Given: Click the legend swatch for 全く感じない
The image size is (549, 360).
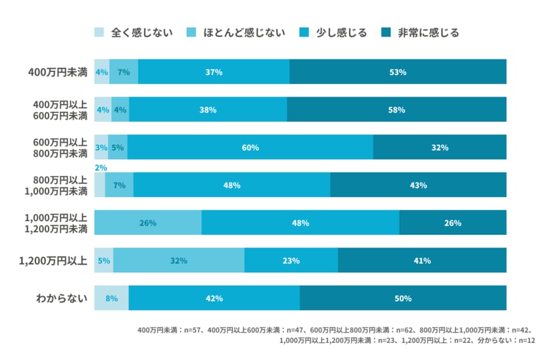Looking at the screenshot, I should tap(99, 33).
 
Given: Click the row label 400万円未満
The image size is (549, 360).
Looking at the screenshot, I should tap(57, 71).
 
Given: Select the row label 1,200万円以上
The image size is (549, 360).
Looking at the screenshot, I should tap(53, 260).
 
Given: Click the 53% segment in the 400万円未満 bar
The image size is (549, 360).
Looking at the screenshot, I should tap(398, 71).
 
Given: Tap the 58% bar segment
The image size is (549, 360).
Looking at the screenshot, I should tap(396, 109).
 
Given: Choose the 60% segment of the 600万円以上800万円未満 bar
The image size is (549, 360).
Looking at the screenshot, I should tap(250, 147).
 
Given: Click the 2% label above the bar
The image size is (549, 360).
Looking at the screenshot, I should tap(100, 168).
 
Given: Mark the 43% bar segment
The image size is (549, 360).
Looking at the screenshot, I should tap(418, 185).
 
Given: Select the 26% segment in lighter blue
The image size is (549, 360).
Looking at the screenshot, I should tap(148, 222).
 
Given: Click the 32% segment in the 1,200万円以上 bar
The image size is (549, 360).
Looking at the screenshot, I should tap(179, 260).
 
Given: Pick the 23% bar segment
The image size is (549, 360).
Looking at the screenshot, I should tap(291, 260).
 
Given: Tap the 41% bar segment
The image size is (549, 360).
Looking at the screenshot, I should tap(422, 260).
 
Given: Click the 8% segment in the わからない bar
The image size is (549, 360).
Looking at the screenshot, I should tap(112, 298).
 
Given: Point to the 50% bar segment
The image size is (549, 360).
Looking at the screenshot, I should tap(403, 298).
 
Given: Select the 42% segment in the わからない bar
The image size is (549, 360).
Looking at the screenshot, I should tap(214, 298).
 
